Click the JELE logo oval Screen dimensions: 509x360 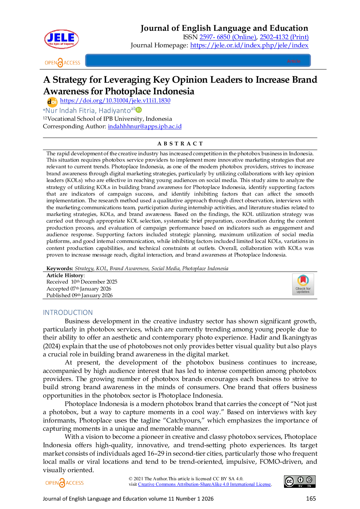pyautogui.click(x=61, y=39)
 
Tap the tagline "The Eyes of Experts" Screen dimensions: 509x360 pyautogui.click(x=61, y=44)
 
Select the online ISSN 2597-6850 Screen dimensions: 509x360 pyautogui.click(x=227, y=37)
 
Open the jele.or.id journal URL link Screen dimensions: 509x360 pyautogui.click(x=249, y=46)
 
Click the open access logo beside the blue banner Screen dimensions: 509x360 pyautogui.click(x=62, y=62)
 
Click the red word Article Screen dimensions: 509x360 pyautogui.click(x=294, y=61)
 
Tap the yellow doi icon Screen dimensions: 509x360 pyautogui.click(x=52, y=102)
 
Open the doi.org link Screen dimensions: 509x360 pyautogui.click(x=115, y=101)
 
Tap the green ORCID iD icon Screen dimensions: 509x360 pyautogui.click(x=139, y=110)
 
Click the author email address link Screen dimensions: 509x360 pyautogui.click(x=145, y=127)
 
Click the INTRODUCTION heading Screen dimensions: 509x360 pyautogui.click(x=67, y=313)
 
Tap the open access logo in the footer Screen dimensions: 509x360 pyautogui.click(x=64, y=483)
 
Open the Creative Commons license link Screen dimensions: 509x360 pyautogui.click(x=204, y=484)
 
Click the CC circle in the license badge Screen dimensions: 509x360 pyautogui.click(x=290, y=481)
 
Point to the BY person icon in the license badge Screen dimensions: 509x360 pyautogui.click(x=301, y=480)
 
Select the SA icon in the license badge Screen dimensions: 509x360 pyautogui.click(x=309, y=480)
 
